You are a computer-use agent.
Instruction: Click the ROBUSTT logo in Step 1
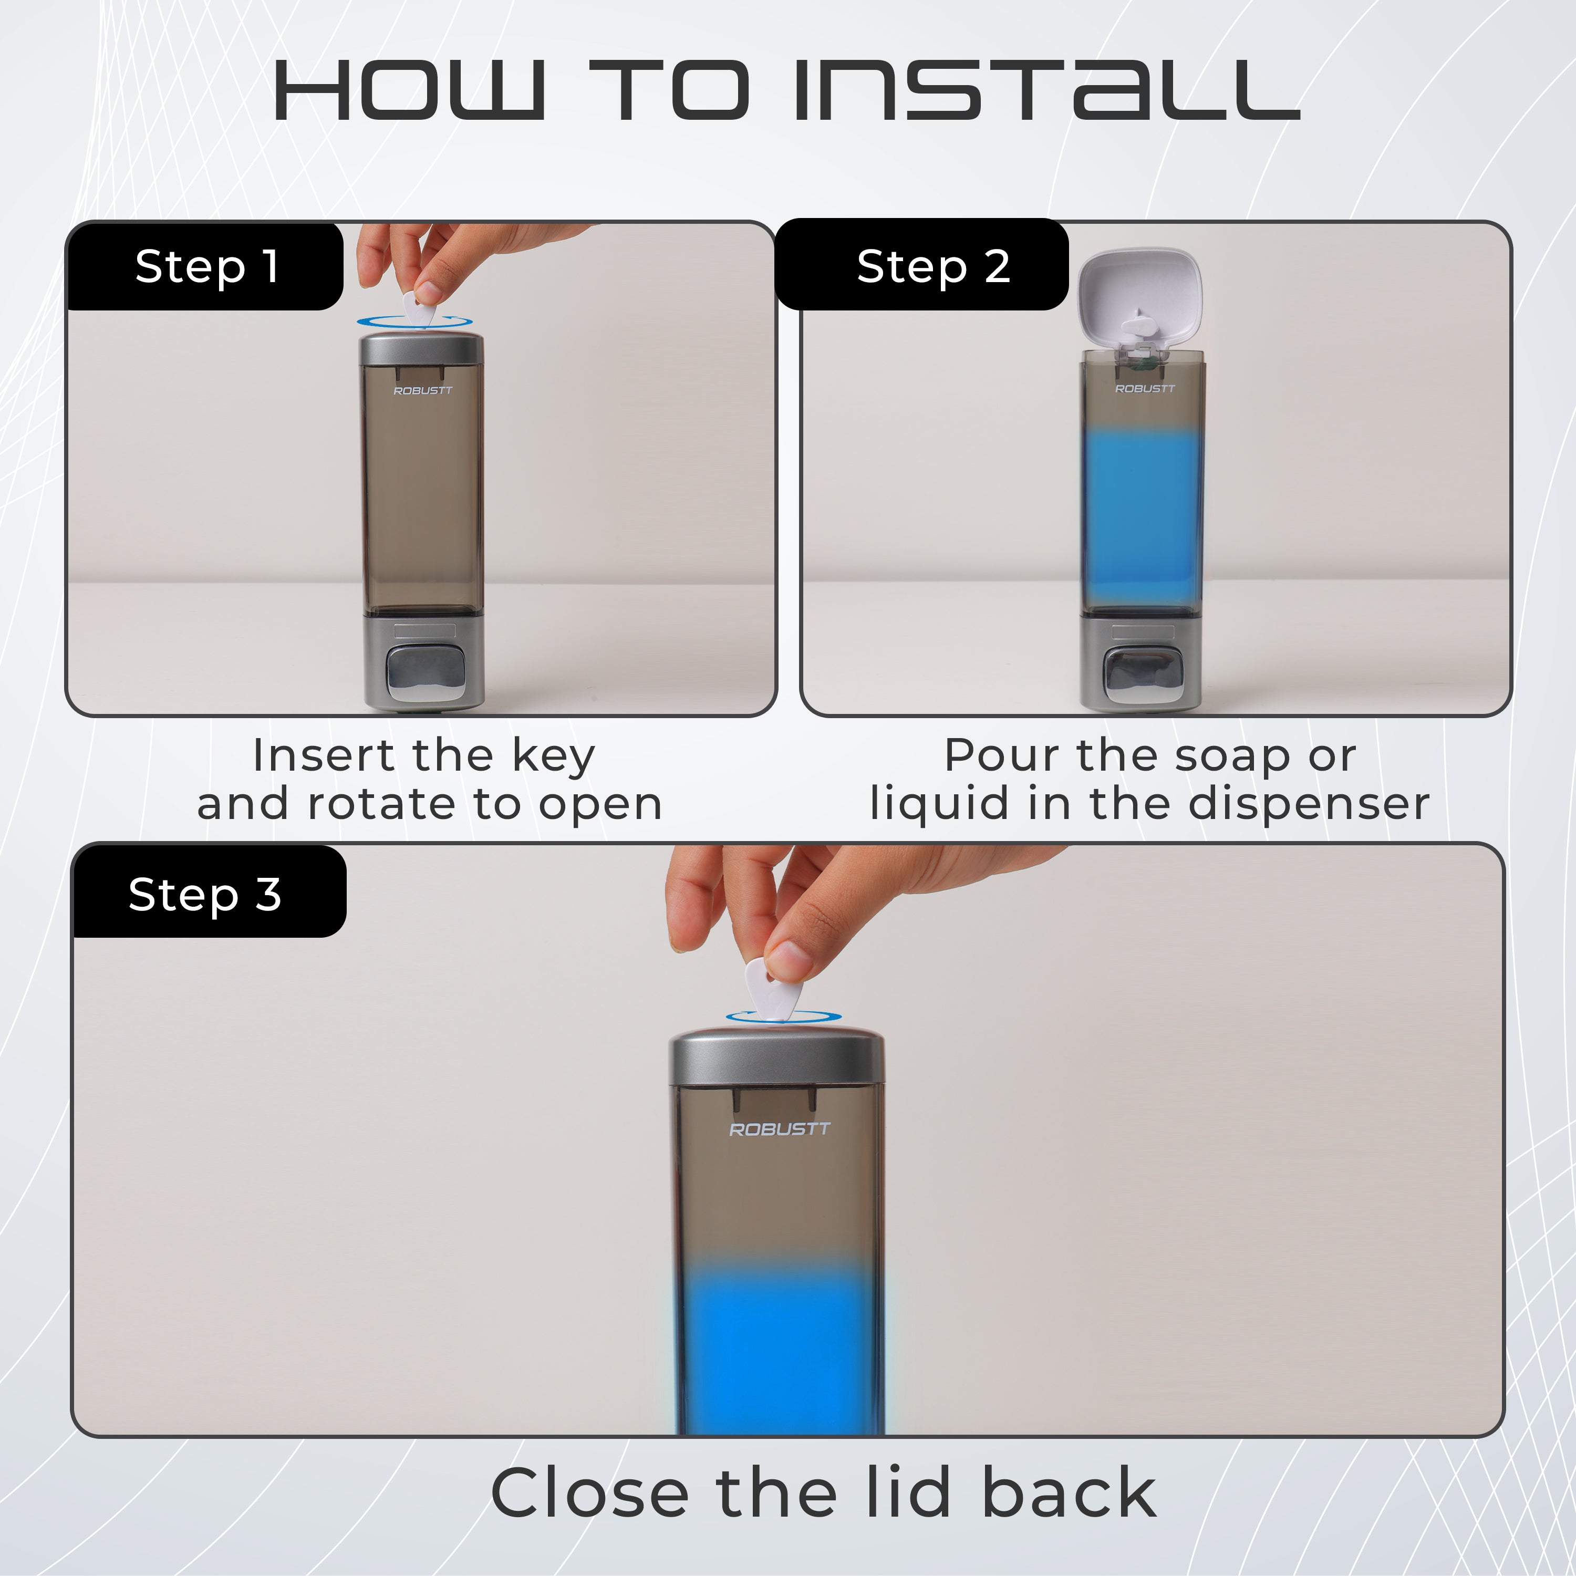coord(422,391)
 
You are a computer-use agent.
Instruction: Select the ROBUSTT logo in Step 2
coord(1145,388)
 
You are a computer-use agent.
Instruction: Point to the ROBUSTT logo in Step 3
coord(779,1129)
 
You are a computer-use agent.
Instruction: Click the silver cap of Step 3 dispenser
coord(776,1058)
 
